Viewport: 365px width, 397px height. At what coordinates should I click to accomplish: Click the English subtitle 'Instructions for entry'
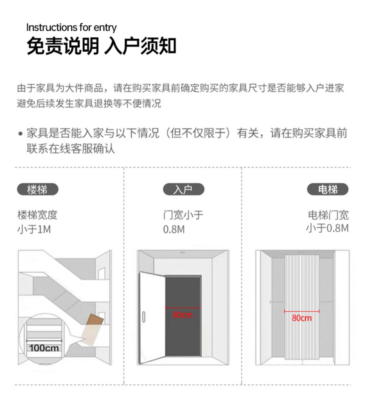(71, 28)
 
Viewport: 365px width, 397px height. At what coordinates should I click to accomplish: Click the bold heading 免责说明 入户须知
(101, 46)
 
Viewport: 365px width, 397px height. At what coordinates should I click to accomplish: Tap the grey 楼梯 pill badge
(37, 189)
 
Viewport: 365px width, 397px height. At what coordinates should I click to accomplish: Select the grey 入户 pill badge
(183, 189)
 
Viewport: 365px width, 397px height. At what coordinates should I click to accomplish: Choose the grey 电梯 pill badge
(328, 189)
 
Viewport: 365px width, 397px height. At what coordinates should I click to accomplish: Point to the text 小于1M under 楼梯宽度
(34, 229)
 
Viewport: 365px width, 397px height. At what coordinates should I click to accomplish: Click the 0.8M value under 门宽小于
(174, 229)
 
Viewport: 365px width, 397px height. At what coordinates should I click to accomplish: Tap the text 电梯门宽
(328, 215)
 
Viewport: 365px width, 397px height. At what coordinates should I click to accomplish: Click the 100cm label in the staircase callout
(44, 348)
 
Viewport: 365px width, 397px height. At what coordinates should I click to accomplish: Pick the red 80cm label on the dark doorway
(182, 315)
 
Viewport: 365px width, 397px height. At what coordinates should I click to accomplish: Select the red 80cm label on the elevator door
(302, 318)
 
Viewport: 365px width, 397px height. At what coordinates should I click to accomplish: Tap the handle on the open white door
(144, 317)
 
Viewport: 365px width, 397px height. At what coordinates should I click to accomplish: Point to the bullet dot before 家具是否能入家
(20, 134)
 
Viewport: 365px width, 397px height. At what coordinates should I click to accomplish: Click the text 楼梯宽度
(37, 215)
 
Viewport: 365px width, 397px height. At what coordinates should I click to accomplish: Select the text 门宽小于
(183, 215)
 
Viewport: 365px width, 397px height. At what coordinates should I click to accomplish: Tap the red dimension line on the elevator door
(302, 311)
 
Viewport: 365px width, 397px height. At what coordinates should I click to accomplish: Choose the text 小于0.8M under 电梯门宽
(327, 228)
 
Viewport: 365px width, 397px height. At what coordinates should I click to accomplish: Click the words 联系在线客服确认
(71, 149)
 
